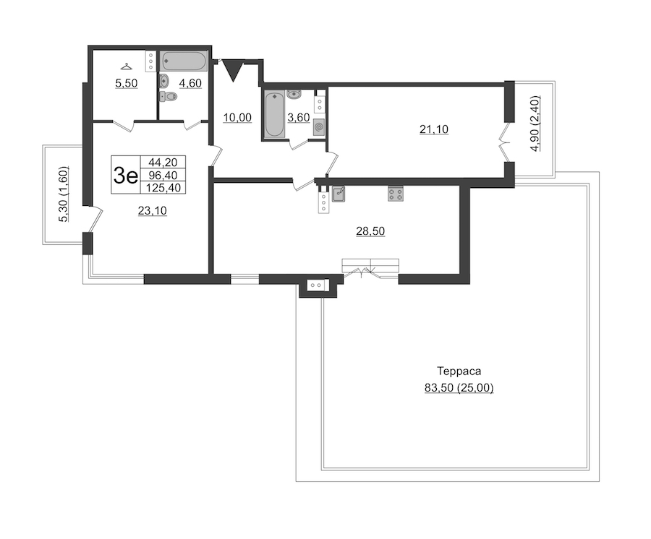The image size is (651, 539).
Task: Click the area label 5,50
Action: [x=126, y=83]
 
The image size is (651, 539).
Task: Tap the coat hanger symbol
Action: [x=125, y=66]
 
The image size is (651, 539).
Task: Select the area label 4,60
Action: [x=190, y=83]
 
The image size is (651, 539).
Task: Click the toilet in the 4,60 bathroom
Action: [x=169, y=97]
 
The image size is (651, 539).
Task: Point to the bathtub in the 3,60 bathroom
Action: [x=274, y=114]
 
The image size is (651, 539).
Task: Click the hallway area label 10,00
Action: [x=237, y=118]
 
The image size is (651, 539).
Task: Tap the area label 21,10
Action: [x=434, y=130]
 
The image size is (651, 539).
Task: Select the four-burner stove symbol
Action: [x=396, y=194]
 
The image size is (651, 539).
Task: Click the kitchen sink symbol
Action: [x=339, y=194]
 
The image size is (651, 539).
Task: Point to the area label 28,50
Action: [x=370, y=231]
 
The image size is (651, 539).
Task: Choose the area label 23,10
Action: [x=153, y=211]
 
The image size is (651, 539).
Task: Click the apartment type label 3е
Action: [x=125, y=176]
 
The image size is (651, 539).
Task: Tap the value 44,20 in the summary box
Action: [x=163, y=162]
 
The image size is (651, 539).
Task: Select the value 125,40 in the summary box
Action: [x=163, y=188]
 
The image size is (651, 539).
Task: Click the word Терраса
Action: [x=459, y=371]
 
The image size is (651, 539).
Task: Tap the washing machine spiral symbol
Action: [x=319, y=127]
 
